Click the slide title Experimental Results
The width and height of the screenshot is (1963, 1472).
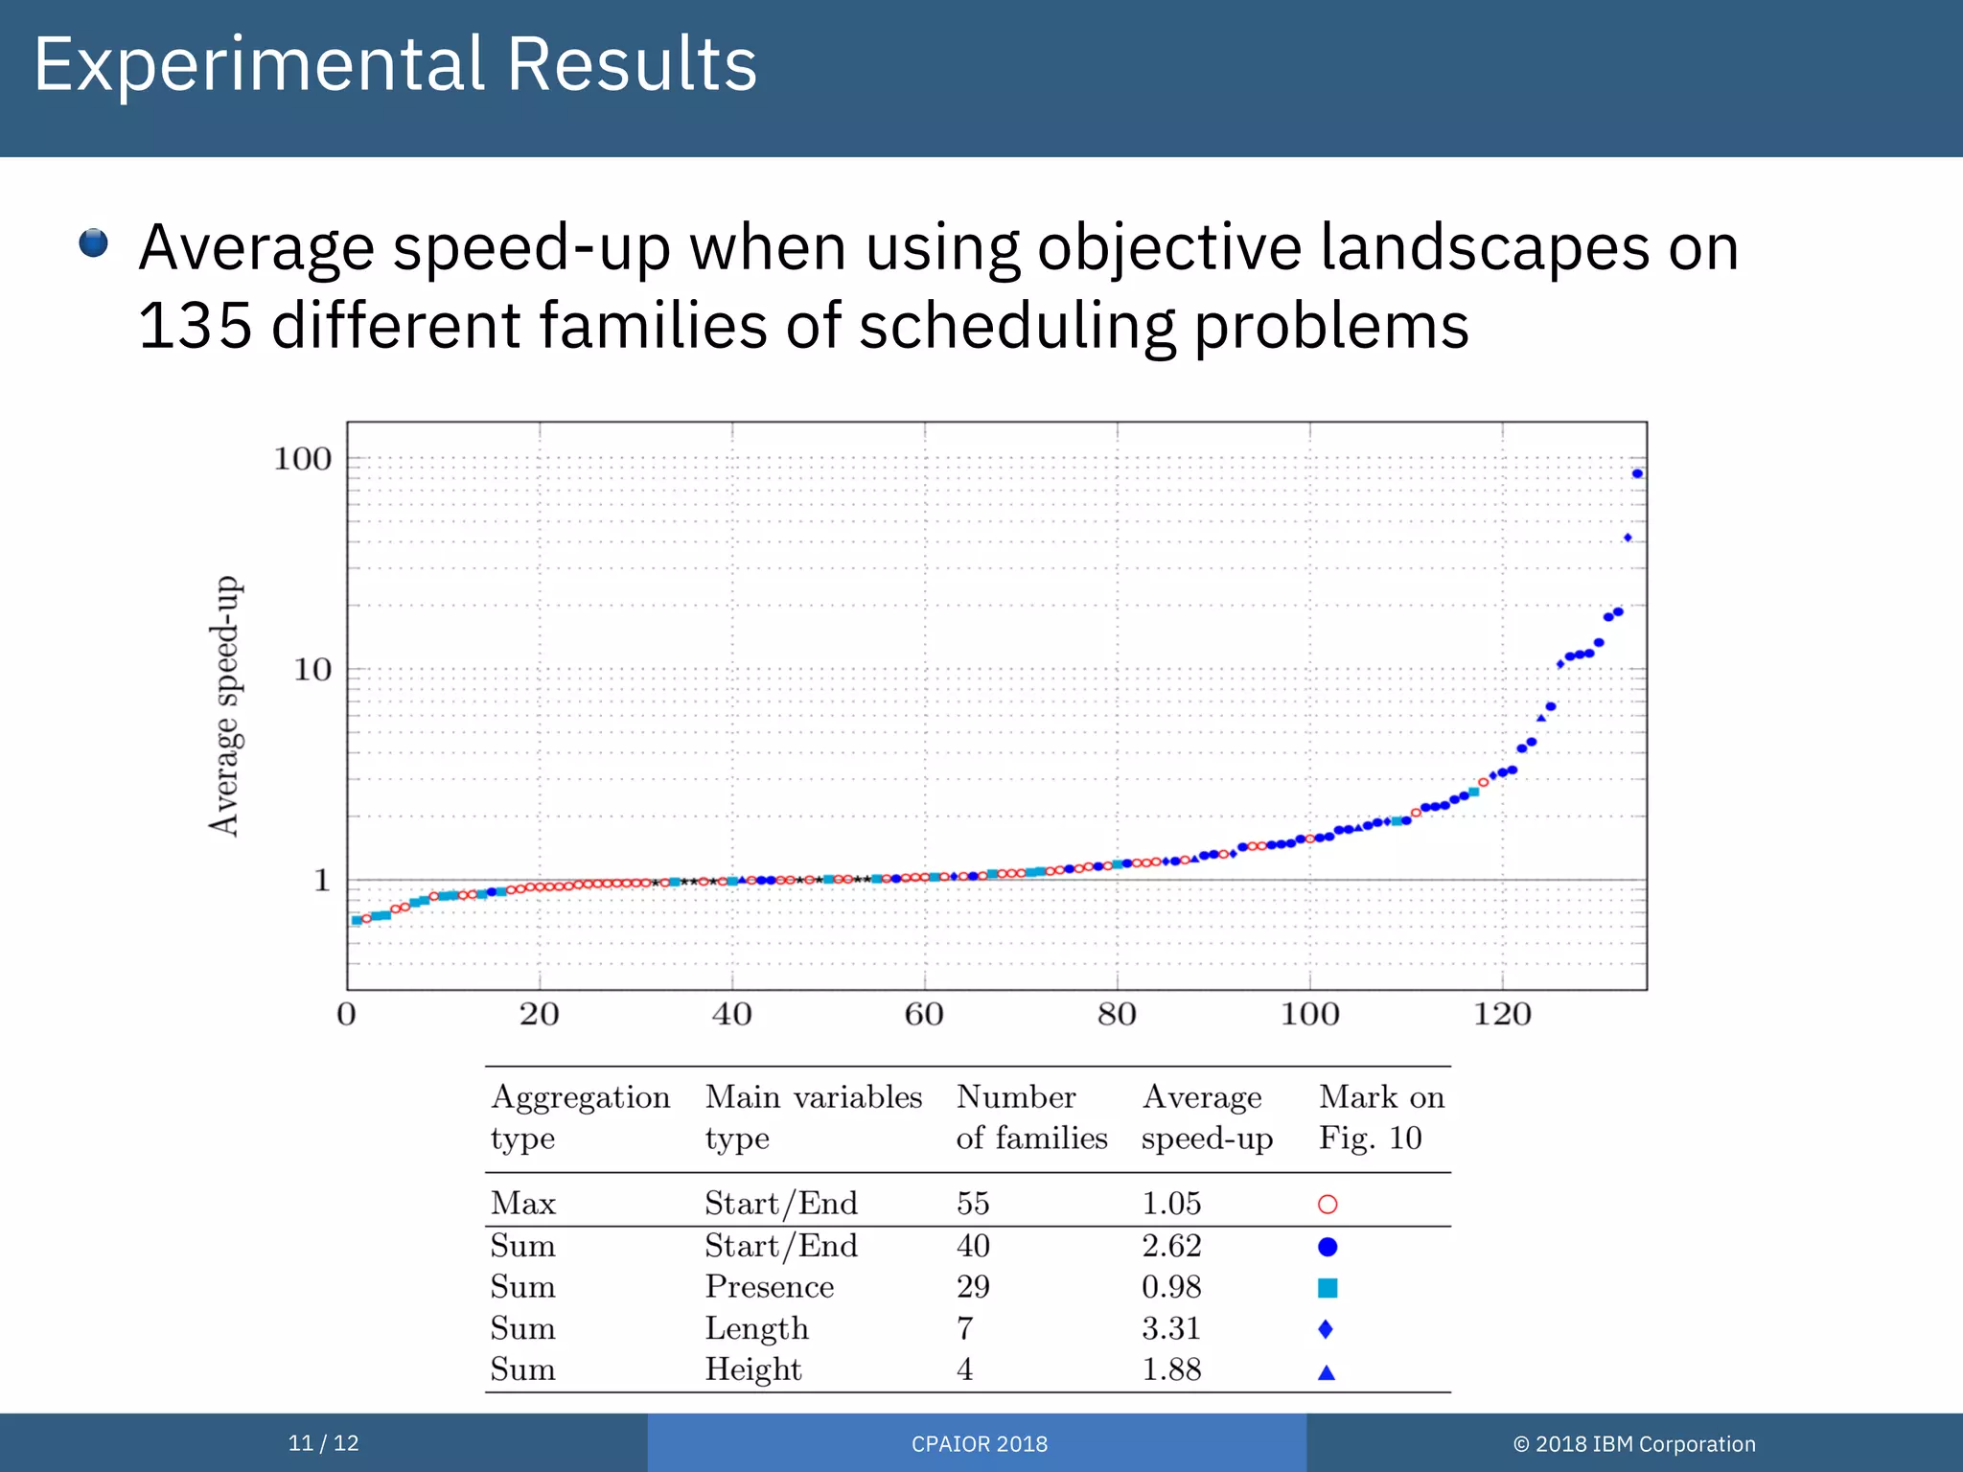(x=395, y=65)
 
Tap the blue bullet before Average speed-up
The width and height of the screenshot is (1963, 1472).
(x=93, y=243)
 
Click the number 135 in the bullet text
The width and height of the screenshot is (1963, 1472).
(x=196, y=326)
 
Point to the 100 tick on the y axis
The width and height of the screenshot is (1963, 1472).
(x=303, y=459)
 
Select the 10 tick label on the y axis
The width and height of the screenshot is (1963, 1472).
(x=312, y=670)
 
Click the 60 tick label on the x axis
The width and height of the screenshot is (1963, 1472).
(x=924, y=1015)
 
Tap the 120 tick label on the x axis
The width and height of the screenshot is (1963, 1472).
(x=1502, y=1015)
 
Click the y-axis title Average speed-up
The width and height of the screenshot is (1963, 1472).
(x=225, y=706)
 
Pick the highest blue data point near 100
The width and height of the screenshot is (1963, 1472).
(x=1637, y=473)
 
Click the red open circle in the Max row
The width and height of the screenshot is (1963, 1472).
(x=1328, y=1205)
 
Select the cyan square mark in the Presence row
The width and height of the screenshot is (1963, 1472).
(x=1328, y=1288)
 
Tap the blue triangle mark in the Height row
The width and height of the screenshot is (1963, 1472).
(x=1327, y=1372)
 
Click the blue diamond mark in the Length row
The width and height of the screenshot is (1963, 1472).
(x=1326, y=1329)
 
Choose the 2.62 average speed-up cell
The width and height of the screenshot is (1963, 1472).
(x=1171, y=1246)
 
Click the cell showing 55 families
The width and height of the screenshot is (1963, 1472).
(x=973, y=1204)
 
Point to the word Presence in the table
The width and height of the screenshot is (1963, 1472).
(x=770, y=1287)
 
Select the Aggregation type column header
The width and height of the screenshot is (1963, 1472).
(x=580, y=1117)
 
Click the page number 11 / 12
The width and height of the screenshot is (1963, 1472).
(x=323, y=1443)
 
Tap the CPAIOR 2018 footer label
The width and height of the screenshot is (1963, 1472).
(x=979, y=1444)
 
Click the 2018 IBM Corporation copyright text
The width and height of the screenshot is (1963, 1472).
(x=1634, y=1444)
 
